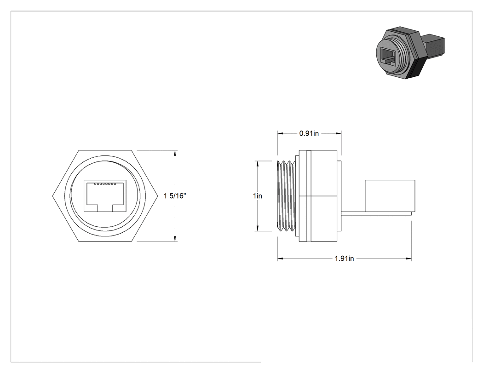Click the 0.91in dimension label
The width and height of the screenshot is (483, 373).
309,133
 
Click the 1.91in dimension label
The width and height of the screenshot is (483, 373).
345,258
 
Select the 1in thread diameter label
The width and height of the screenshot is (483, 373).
258,196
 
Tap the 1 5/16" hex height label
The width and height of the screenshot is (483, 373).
175,196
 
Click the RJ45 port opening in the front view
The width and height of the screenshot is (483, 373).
105,196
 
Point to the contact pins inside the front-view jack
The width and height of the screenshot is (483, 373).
105,184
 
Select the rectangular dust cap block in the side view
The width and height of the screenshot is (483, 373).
390,196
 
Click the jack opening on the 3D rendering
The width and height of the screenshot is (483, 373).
388,57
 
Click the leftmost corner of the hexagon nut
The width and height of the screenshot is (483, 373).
53,196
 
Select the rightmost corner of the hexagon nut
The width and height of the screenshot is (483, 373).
158,196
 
